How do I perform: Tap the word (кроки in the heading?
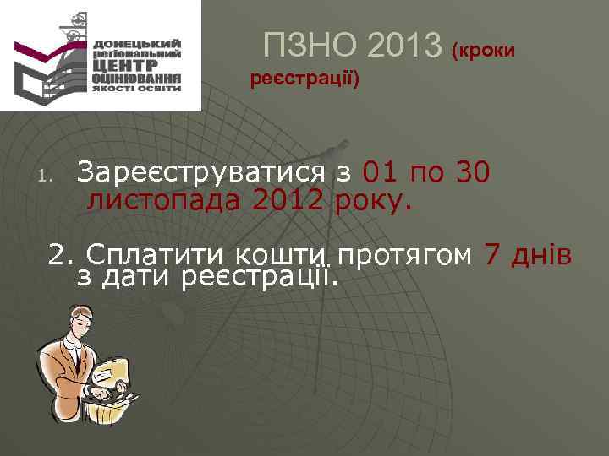[483, 51]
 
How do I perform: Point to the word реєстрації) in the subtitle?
[305, 80]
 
